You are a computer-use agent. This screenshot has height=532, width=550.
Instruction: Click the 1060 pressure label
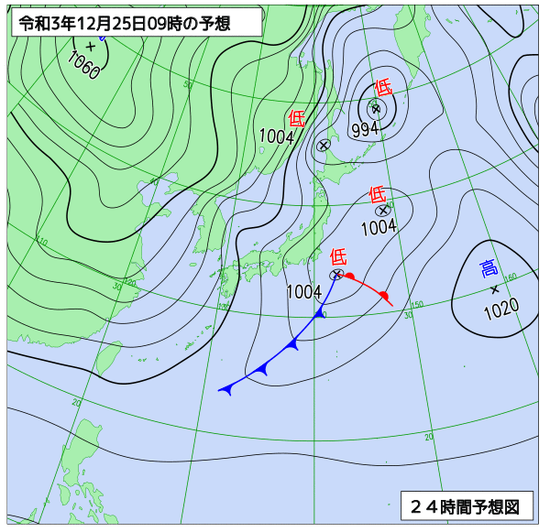point(83,65)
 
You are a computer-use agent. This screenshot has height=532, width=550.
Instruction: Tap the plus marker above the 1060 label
point(90,47)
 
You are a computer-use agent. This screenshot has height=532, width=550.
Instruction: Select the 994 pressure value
point(365,129)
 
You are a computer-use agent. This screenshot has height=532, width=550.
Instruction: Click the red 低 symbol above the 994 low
point(383,88)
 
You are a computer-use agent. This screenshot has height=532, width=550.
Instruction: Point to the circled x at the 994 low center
point(376,109)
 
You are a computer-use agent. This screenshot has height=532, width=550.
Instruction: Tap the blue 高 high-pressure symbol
point(489,268)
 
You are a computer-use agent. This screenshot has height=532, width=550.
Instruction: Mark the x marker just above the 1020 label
point(494,289)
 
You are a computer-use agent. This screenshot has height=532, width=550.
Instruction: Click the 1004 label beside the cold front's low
point(304,292)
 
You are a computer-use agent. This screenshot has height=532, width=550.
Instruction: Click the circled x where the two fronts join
point(336,275)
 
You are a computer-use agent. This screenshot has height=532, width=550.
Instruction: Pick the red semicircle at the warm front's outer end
point(385,296)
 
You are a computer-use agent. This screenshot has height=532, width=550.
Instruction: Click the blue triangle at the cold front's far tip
point(225,389)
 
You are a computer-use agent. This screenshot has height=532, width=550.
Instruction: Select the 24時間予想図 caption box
point(466,505)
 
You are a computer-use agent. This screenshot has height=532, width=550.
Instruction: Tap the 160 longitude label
point(511,277)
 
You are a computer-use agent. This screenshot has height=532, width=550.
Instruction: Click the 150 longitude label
point(416,305)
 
